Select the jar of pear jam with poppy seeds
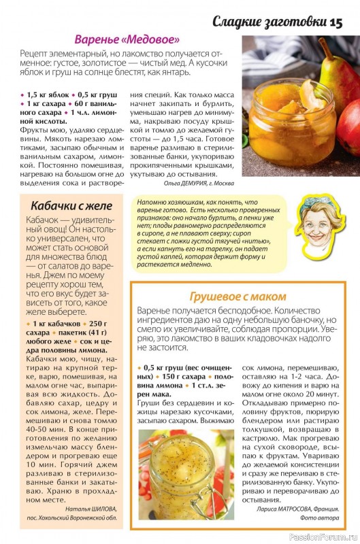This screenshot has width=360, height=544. (x=185, y=476)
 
